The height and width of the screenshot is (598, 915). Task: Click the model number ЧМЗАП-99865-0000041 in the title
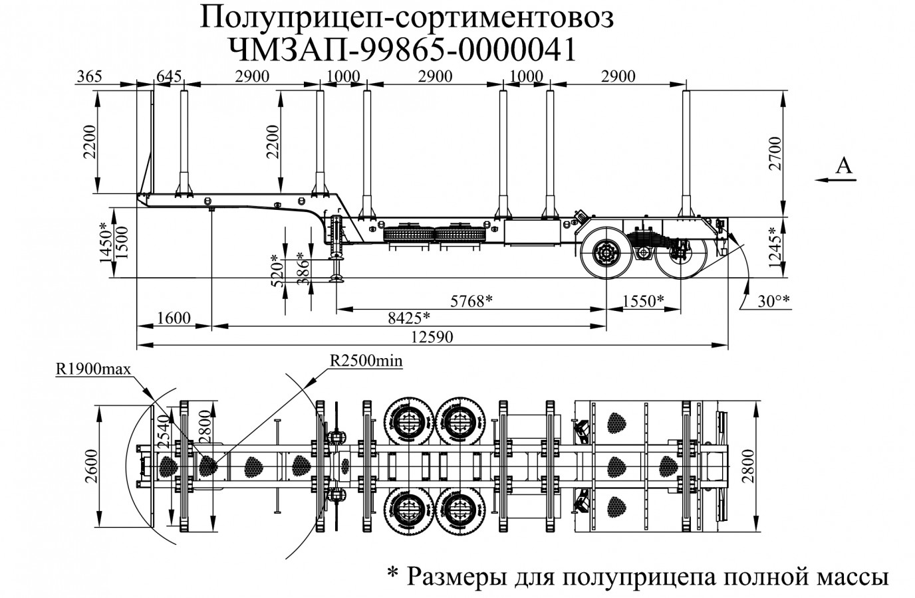pos(402,49)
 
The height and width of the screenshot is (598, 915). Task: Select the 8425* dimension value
pos(408,318)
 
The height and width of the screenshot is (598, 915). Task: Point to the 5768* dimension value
pos(471,300)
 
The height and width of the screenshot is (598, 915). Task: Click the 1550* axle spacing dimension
pos(642,300)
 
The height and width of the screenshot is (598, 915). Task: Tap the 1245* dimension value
pos(773,248)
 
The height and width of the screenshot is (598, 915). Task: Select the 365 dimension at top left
pos(89,76)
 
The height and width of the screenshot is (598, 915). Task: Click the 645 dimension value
pos(169,76)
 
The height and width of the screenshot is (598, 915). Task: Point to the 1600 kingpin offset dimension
pos(175,318)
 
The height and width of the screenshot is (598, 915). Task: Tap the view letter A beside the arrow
pos(843,165)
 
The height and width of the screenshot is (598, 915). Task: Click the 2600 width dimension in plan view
pos(92,466)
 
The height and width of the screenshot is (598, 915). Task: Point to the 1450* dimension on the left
pos(104,243)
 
